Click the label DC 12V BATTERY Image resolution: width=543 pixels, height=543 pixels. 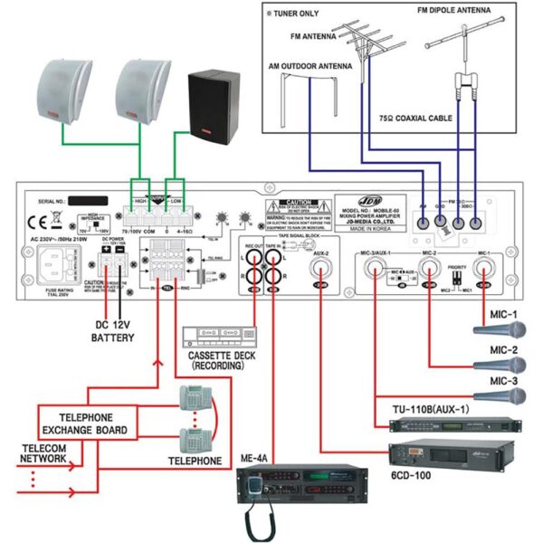tap(111, 330)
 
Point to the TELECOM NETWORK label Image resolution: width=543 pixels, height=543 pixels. tap(43, 452)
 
